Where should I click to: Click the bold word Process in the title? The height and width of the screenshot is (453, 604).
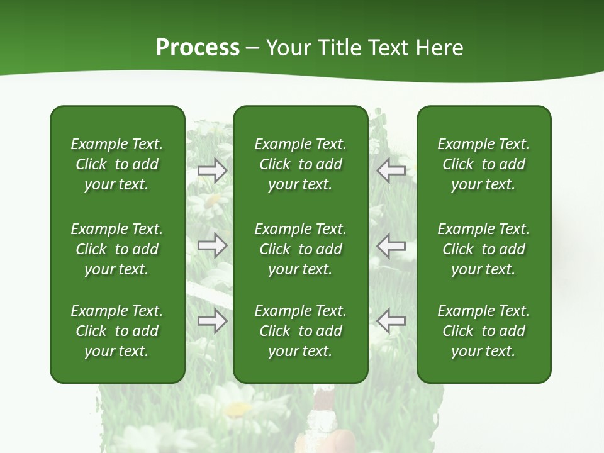198,48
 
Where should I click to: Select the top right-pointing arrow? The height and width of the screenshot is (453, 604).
213,171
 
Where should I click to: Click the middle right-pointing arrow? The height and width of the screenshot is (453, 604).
213,245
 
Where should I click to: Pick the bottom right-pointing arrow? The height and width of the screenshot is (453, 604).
213,321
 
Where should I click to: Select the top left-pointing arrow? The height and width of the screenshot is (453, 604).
391,171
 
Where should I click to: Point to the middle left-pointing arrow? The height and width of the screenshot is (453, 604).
391,245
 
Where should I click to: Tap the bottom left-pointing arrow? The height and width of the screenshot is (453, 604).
391,321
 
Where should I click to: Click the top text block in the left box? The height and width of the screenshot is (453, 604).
117,164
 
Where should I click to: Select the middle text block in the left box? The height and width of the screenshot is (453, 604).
117,249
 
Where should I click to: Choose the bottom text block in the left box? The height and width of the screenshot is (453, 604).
117,331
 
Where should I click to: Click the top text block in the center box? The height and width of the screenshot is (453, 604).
300,164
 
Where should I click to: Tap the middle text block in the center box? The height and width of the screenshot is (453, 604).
300,249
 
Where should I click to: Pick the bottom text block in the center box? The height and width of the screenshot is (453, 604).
300,331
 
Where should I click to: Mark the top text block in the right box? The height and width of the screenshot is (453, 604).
483,164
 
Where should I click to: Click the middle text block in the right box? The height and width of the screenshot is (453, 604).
483,249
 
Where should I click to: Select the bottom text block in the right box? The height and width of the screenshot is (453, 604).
483,331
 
